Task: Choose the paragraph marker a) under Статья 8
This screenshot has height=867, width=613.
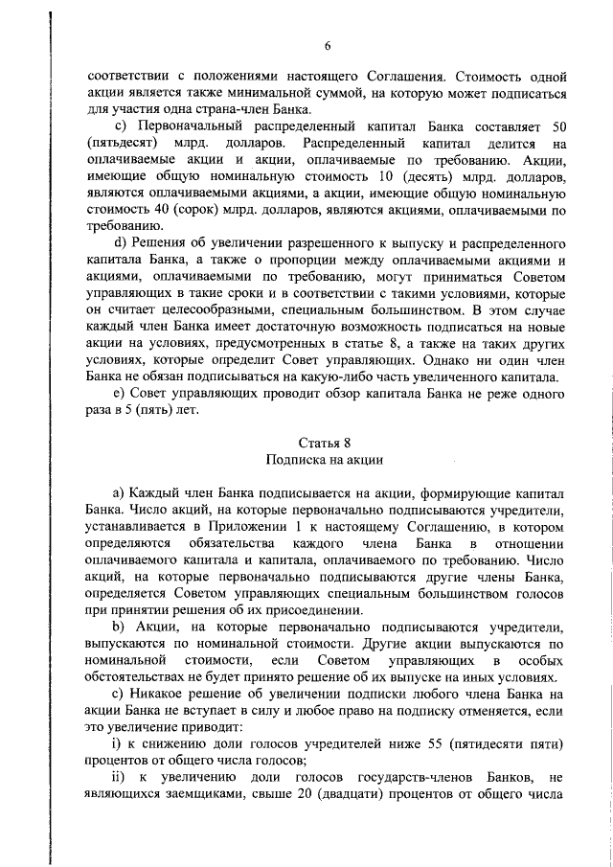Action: [120, 492]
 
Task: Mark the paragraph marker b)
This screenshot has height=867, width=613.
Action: [120, 626]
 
